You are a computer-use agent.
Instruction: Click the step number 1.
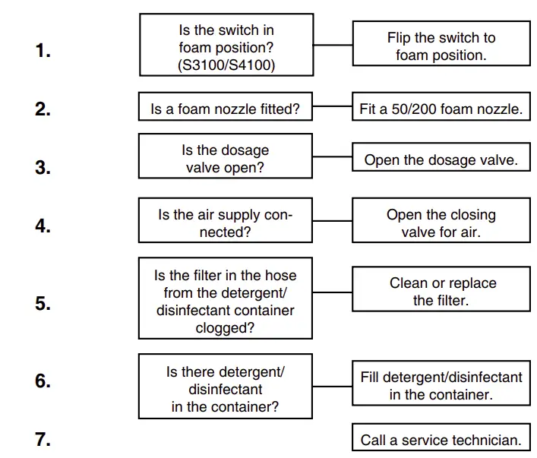(43, 52)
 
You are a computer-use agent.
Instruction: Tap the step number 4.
(43, 226)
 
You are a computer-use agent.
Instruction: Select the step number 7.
(43, 438)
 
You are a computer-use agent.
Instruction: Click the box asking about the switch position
(226, 45)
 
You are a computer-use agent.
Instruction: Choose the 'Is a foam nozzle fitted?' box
(226, 109)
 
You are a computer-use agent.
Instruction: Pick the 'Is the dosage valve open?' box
(226, 159)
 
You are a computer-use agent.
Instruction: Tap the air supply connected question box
(226, 223)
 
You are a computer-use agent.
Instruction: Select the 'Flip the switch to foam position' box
(441, 46)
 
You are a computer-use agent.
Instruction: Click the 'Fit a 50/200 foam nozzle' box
(441, 109)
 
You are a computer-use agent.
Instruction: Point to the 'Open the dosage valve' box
(441, 160)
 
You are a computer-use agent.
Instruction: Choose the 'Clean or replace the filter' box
(441, 292)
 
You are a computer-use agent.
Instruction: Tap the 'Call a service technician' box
(441, 440)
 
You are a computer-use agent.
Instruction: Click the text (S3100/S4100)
(226, 65)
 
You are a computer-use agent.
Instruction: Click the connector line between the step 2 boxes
(332, 107)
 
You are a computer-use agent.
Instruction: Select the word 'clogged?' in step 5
(225, 328)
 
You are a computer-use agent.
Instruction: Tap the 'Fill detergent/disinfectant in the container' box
(441, 385)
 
